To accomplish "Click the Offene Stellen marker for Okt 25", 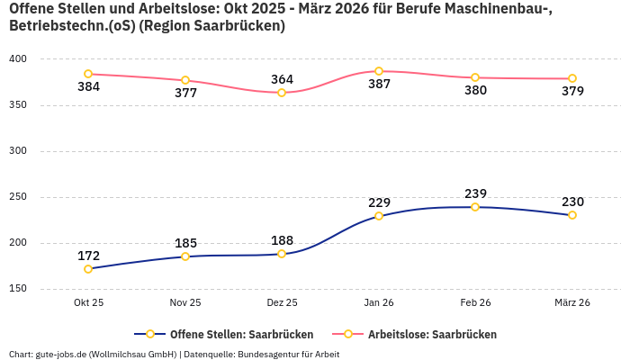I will (88, 269).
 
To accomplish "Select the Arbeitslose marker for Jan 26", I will (379, 71).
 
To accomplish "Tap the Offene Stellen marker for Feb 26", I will (475, 207).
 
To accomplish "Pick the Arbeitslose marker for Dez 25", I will (282, 93).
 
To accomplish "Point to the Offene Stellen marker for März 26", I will (572, 215).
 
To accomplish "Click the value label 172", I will (88, 256).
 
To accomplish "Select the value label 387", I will (379, 85).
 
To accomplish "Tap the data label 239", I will (475, 193).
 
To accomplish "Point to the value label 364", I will (282, 79).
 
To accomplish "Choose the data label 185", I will (185, 243).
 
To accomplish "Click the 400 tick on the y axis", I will (18, 59).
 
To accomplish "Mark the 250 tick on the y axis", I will (18, 197).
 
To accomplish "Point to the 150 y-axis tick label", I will (18, 289).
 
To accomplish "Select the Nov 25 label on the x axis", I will (185, 303).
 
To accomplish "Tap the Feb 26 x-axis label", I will (475, 303).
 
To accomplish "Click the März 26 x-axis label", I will (572, 303).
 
